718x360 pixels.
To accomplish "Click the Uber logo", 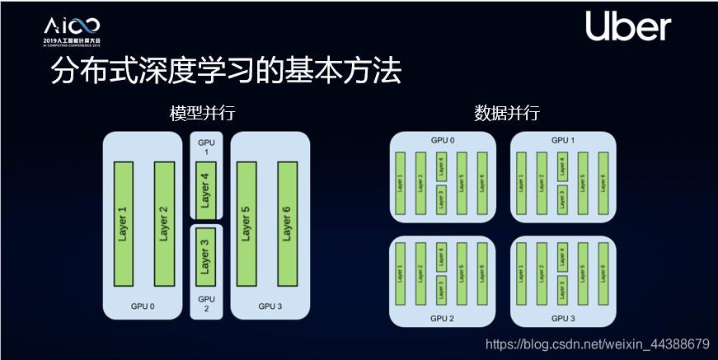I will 628,28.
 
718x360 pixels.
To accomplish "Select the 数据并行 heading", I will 507,114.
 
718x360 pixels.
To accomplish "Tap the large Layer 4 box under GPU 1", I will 205,190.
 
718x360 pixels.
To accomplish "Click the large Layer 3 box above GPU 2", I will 205,256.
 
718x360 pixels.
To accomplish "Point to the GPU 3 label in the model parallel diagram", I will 270,306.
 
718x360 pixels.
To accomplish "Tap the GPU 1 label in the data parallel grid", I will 563,140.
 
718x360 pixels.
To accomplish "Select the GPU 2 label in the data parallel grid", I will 442,318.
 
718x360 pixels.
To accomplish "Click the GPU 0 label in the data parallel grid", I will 442,140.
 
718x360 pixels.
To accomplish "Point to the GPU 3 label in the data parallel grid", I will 563,318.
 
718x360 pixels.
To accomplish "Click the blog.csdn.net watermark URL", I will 598,343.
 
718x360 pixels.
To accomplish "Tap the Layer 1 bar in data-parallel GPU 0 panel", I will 400,182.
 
